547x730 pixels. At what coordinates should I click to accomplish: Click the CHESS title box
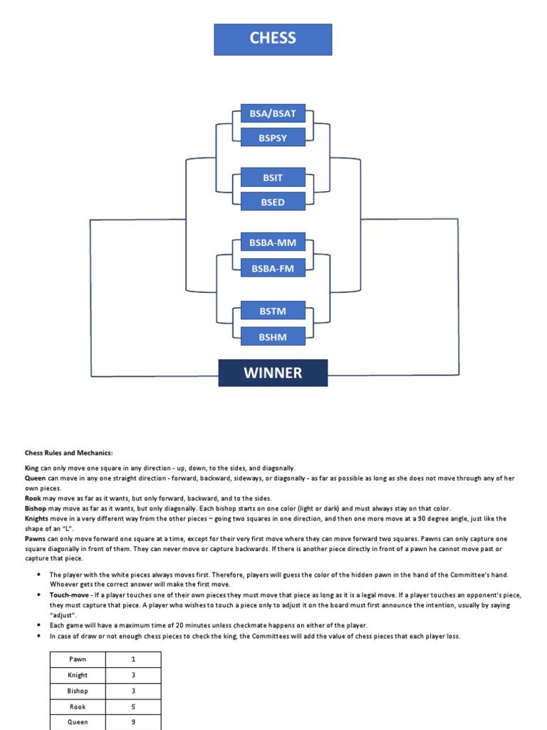[273, 39]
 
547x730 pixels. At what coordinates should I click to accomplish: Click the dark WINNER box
[273, 373]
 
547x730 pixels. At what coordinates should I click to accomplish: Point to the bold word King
[32, 467]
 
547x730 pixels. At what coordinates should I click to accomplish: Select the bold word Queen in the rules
[36, 478]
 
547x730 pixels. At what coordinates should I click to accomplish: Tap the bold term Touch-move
[71, 595]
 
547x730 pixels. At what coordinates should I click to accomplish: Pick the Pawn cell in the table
[78, 659]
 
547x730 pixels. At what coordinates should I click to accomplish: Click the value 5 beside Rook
[133, 706]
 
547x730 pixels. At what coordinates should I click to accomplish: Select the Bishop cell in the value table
[78, 691]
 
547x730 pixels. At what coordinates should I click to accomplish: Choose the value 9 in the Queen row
[133, 721]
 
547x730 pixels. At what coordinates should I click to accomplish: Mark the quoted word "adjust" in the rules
[63, 614]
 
